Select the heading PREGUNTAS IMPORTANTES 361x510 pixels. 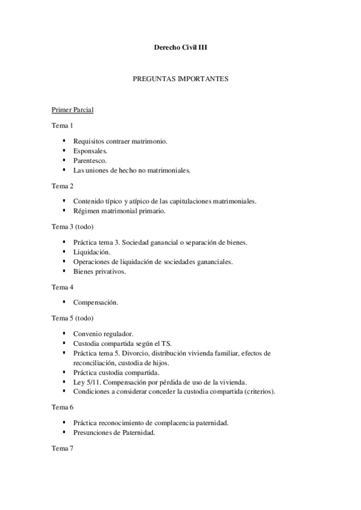tap(180, 79)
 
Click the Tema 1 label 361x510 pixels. tap(63, 126)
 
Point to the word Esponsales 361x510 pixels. tap(90, 151)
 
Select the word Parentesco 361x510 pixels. tap(90, 161)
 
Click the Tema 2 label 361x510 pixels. tap(63, 185)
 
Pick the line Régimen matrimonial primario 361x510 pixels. tap(119, 211)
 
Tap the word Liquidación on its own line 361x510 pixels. tap(92, 252)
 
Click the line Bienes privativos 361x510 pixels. tap(100, 272)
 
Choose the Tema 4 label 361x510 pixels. tap(63, 287)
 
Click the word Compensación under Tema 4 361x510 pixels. tap(96, 302)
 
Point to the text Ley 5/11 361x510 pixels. tap(86, 382)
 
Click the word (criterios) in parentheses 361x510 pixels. tap(259, 392)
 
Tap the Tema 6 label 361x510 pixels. tap(63, 407)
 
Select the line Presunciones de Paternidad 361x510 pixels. tap(115, 432)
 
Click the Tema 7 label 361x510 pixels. tap(63, 448)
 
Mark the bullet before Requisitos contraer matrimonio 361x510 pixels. tap(64, 141)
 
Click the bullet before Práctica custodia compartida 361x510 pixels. tap(64, 372)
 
